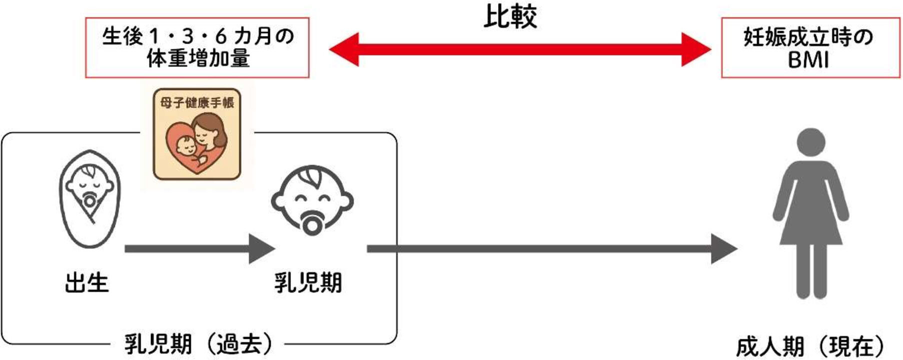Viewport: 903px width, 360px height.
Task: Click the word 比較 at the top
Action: point(510,16)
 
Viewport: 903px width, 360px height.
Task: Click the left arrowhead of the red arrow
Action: point(345,49)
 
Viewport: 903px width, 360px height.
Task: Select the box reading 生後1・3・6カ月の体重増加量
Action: point(197,47)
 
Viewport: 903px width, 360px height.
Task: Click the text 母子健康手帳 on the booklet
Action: point(197,102)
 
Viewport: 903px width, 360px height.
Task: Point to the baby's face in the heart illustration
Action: point(186,145)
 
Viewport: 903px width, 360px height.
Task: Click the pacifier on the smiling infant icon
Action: point(311,224)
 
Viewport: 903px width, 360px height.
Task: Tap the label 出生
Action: point(86,282)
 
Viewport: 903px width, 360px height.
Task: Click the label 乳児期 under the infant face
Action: point(308,282)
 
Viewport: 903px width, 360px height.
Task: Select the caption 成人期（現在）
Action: point(810,346)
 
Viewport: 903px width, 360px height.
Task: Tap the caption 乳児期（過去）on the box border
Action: point(198,344)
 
